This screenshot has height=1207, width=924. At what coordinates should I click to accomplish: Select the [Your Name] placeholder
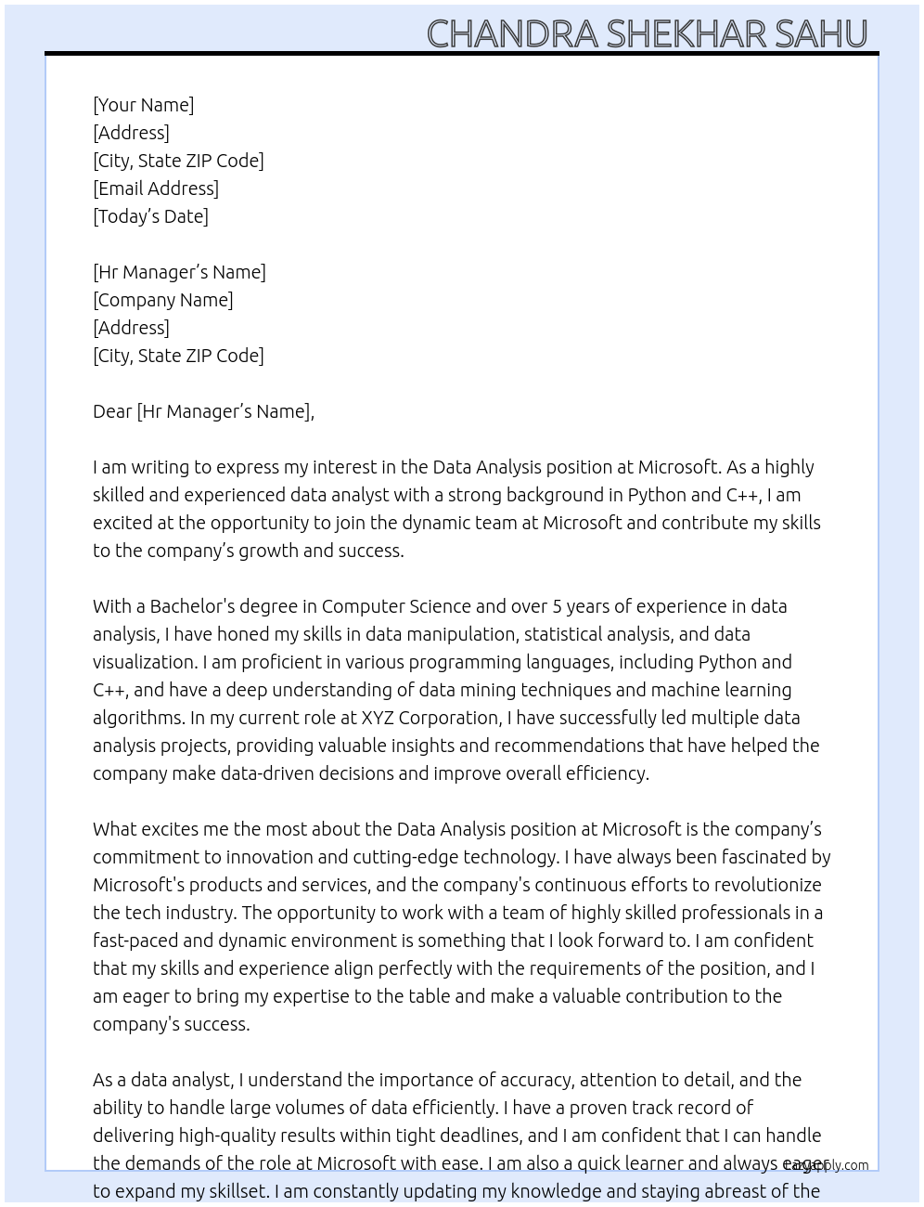tap(144, 105)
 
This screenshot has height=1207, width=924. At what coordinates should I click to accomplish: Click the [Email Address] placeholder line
tap(156, 188)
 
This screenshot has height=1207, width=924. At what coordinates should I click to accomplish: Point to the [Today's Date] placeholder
tap(150, 216)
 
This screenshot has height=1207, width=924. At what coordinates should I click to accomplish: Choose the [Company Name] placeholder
tap(163, 300)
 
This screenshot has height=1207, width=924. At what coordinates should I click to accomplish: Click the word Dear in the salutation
tap(112, 411)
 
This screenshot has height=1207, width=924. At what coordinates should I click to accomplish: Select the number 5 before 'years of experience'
tap(558, 606)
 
